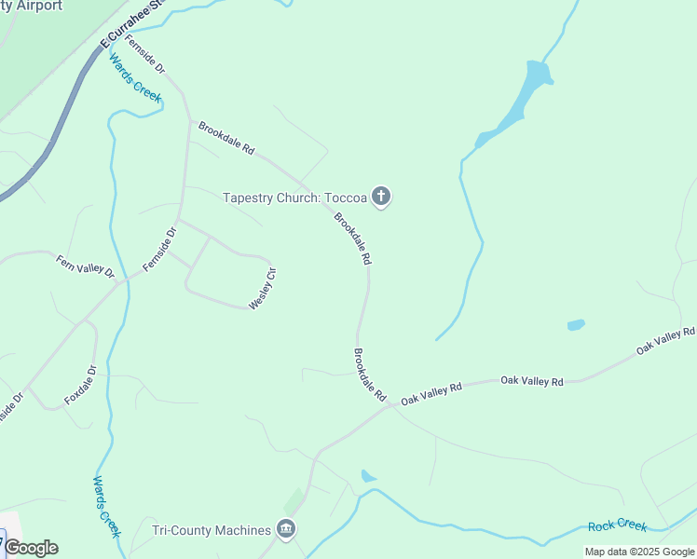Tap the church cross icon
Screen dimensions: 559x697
(380, 197)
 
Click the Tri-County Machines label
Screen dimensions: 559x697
(212, 531)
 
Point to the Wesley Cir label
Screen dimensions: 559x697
(263, 289)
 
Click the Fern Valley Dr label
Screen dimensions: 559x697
(84, 266)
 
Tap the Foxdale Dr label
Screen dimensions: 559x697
(81, 384)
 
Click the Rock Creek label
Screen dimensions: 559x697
(617, 525)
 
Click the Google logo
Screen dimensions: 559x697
(31, 548)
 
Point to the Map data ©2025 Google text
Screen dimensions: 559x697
(640, 552)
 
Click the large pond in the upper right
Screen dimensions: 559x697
(523, 102)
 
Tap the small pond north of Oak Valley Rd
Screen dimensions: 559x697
(576, 325)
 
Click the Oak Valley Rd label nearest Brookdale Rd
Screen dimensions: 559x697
(431, 393)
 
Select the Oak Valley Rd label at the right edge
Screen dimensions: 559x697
(665, 340)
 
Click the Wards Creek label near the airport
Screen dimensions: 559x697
(135, 78)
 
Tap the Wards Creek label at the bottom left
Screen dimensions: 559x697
(106, 506)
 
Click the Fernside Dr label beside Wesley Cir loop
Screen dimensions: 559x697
(159, 251)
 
